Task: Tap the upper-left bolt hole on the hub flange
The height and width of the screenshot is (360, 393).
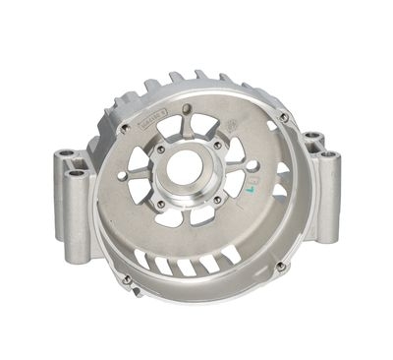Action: tap(160, 150)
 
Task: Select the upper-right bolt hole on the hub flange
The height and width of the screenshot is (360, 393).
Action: tap(217, 145)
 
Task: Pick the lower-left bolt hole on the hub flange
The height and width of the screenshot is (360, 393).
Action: tap(160, 204)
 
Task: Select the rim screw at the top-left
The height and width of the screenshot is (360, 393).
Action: tap(124, 128)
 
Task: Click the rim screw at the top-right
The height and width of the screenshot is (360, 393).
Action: tap(284, 117)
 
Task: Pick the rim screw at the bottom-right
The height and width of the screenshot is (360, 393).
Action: tap(281, 266)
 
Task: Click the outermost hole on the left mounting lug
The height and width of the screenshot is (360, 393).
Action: tap(65, 154)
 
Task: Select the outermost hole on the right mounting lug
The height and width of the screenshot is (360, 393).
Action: tap(327, 155)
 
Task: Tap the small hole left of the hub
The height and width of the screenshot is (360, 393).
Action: tap(123, 176)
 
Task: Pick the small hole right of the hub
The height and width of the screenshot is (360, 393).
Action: tap(253, 165)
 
